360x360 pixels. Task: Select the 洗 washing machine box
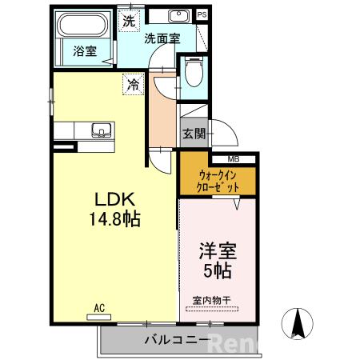pos(129,21)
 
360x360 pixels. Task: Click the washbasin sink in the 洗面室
pos(178,16)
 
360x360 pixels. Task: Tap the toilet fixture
pos(191,74)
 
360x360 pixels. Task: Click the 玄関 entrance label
pos(193,134)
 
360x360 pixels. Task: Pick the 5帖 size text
pos(216,271)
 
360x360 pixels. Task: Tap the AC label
pos(100,307)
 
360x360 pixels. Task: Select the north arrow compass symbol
pos(299,323)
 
